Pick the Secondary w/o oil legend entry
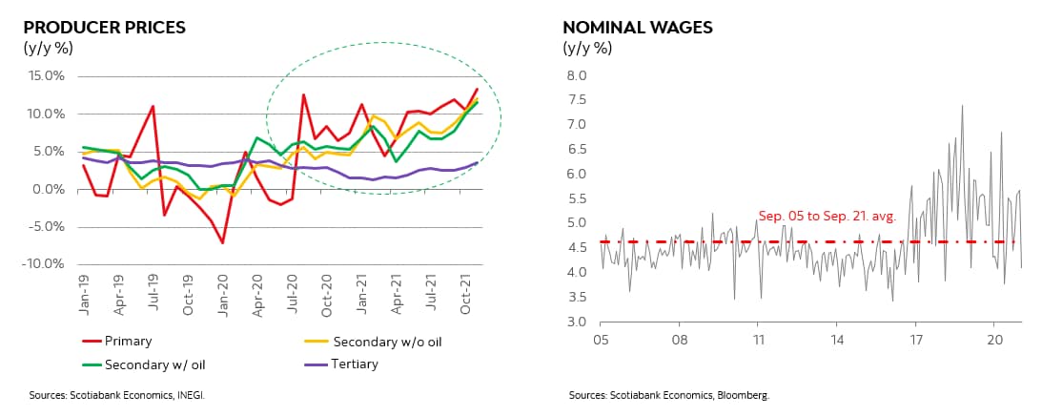point(385,340)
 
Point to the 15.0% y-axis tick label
point(45,76)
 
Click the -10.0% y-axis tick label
point(43,263)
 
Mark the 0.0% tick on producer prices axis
point(47,189)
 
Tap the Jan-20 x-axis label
point(223,290)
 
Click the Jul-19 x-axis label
point(153,290)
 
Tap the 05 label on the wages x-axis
point(602,339)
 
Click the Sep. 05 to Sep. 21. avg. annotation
point(827,217)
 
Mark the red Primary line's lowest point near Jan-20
point(222,243)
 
